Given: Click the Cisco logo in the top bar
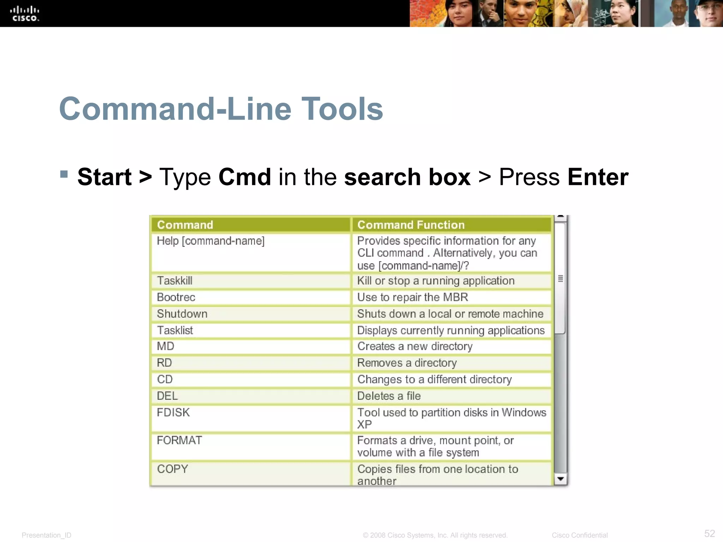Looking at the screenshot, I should point(24,14).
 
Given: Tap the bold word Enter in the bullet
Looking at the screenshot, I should point(598,177).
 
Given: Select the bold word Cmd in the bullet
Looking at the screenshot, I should point(245,177).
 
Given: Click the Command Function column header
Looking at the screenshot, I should point(411,225).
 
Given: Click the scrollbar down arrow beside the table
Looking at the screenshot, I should point(560,479).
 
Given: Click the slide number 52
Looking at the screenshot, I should point(709,533).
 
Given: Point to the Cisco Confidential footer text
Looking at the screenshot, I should point(579,535).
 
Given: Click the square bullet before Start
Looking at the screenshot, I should point(64,174).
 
